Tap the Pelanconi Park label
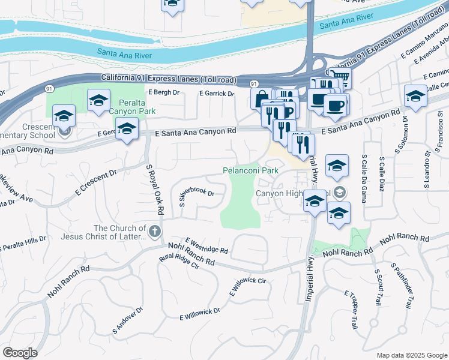(x=251, y=170)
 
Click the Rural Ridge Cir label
(x=178, y=264)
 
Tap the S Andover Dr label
(x=127, y=321)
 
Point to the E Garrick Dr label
(x=217, y=94)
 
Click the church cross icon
(x=154, y=230)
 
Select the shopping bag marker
(x=262, y=98)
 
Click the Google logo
(x=20, y=353)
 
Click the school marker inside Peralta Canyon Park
(x=98, y=100)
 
